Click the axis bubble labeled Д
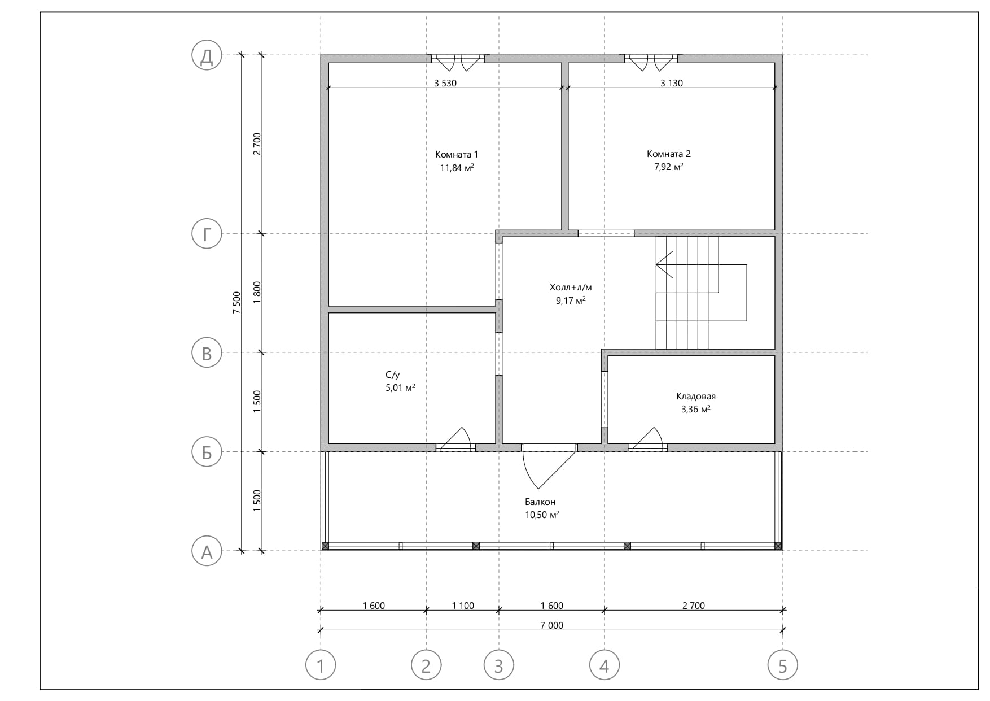tap(207, 55)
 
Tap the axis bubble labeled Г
tap(207, 234)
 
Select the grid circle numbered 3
tap(498, 665)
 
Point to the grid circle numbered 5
tap(783, 665)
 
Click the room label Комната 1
tap(457, 154)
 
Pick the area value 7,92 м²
tap(669, 167)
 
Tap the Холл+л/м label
tap(571, 287)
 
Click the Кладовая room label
tap(695, 396)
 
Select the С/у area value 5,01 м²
tap(400, 387)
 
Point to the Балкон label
tap(540, 502)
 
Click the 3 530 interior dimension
tap(445, 83)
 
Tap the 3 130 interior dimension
tap(672, 83)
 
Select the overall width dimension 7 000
tap(552, 625)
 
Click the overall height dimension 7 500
tap(236, 303)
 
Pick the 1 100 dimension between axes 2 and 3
tap(463, 606)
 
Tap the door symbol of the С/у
tap(455, 439)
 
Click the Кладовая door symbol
tap(647, 439)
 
